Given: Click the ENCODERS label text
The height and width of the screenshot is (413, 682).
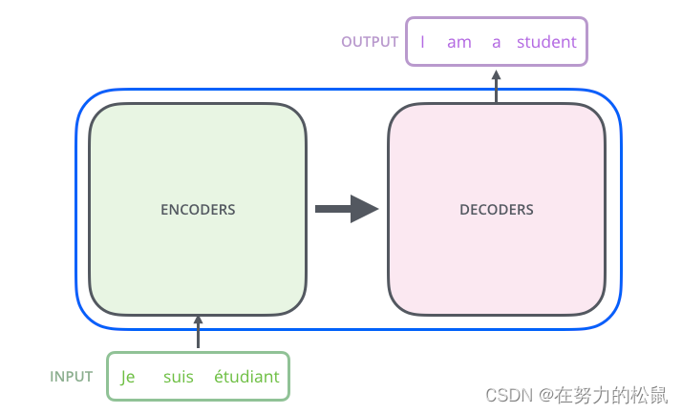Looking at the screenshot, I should pyautogui.click(x=198, y=209).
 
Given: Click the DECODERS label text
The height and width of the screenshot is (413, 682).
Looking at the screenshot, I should pyautogui.click(x=496, y=209).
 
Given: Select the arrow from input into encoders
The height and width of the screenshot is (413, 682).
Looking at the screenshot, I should pyautogui.click(x=198, y=333).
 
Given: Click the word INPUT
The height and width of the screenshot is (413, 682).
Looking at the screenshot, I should pyautogui.click(x=72, y=376).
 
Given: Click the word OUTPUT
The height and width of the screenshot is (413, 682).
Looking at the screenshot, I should pyautogui.click(x=370, y=42).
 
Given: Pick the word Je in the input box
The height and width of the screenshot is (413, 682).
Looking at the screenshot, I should pyautogui.click(x=128, y=377).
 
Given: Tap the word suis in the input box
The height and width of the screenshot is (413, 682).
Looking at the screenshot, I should pyautogui.click(x=178, y=377).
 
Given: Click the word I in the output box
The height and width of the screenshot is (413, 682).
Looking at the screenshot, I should pyautogui.click(x=421, y=42).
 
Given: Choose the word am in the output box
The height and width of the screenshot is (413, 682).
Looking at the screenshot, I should pyautogui.click(x=459, y=42).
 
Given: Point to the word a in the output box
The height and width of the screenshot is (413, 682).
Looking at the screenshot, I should pyautogui.click(x=496, y=42).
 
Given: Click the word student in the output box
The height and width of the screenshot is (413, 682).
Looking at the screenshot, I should pyautogui.click(x=546, y=42).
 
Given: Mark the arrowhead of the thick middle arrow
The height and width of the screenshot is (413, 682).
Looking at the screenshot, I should pyautogui.click(x=364, y=209).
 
